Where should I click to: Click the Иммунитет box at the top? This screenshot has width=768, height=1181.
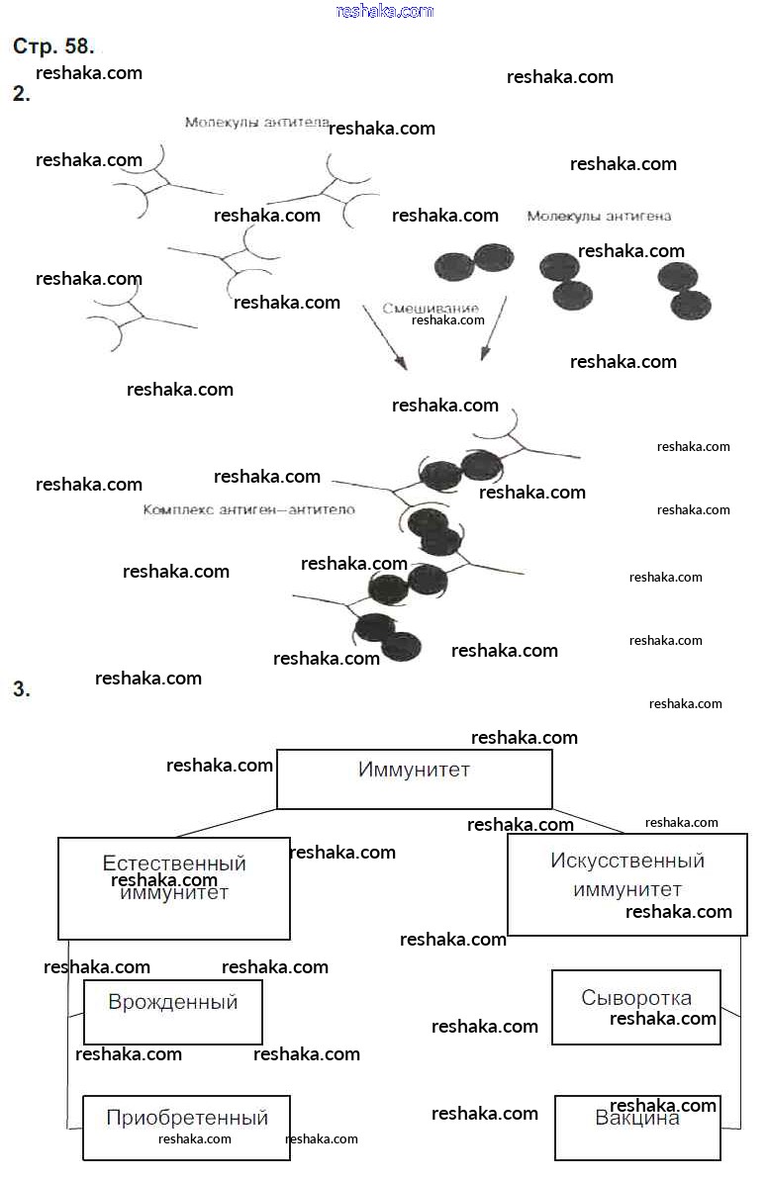pyautogui.click(x=414, y=778)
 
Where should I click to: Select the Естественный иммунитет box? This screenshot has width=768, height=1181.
pyautogui.click(x=174, y=887)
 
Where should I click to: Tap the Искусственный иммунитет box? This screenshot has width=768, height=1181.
pyautogui.click(x=626, y=883)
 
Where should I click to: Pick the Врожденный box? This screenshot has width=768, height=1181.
pyautogui.click(x=173, y=1011)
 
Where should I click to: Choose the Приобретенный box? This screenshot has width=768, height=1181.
pyautogui.click(x=186, y=1127)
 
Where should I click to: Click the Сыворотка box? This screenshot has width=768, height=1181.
pyautogui.click(x=635, y=1007)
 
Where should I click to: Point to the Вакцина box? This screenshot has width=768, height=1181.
pyautogui.click(x=637, y=1127)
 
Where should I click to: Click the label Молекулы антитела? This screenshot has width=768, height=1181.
pyautogui.click(x=255, y=123)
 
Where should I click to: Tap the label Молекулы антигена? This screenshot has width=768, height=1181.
pyautogui.click(x=599, y=216)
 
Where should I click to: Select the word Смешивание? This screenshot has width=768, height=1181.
pyautogui.click(x=430, y=308)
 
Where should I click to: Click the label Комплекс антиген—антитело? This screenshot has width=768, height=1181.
pyautogui.click(x=248, y=509)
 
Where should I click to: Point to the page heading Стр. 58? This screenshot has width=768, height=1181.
pyautogui.click(x=53, y=45)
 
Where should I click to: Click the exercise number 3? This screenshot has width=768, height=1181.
pyautogui.click(x=21, y=689)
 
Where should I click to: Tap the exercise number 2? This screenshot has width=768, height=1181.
pyautogui.click(x=21, y=95)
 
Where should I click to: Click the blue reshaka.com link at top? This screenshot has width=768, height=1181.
pyautogui.click(x=384, y=11)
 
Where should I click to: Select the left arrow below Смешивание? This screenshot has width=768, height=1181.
pyautogui.click(x=384, y=337)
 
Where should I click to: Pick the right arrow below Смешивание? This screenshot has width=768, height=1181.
pyautogui.click(x=493, y=329)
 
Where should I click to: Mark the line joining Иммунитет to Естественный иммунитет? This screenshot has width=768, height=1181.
pyautogui.click(x=227, y=823)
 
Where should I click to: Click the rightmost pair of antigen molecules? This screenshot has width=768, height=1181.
pyautogui.click(x=685, y=290)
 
